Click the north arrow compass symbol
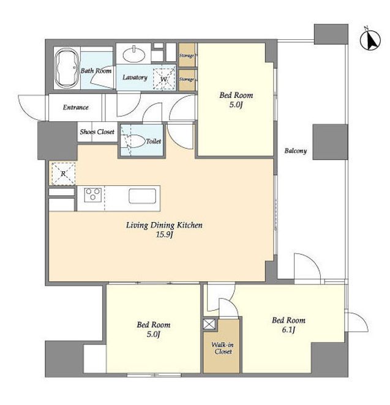(370, 40)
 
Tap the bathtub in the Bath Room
(67, 68)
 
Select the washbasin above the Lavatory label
(134, 54)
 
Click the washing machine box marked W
(164, 79)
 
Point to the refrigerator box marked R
(63, 174)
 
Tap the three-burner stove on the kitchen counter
(93, 195)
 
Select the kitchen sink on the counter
(143, 196)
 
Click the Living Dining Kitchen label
(164, 225)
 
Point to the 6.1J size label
(288, 330)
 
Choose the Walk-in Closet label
(223, 348)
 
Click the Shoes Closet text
(97, 132)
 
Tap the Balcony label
(296, 150)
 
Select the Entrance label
(76, 107)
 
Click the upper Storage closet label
(187, 56)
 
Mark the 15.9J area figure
(164, 235)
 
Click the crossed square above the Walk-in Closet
(209, 324)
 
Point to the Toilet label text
(154, 141)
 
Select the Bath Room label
(96, 70)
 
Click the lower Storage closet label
(187, 80)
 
